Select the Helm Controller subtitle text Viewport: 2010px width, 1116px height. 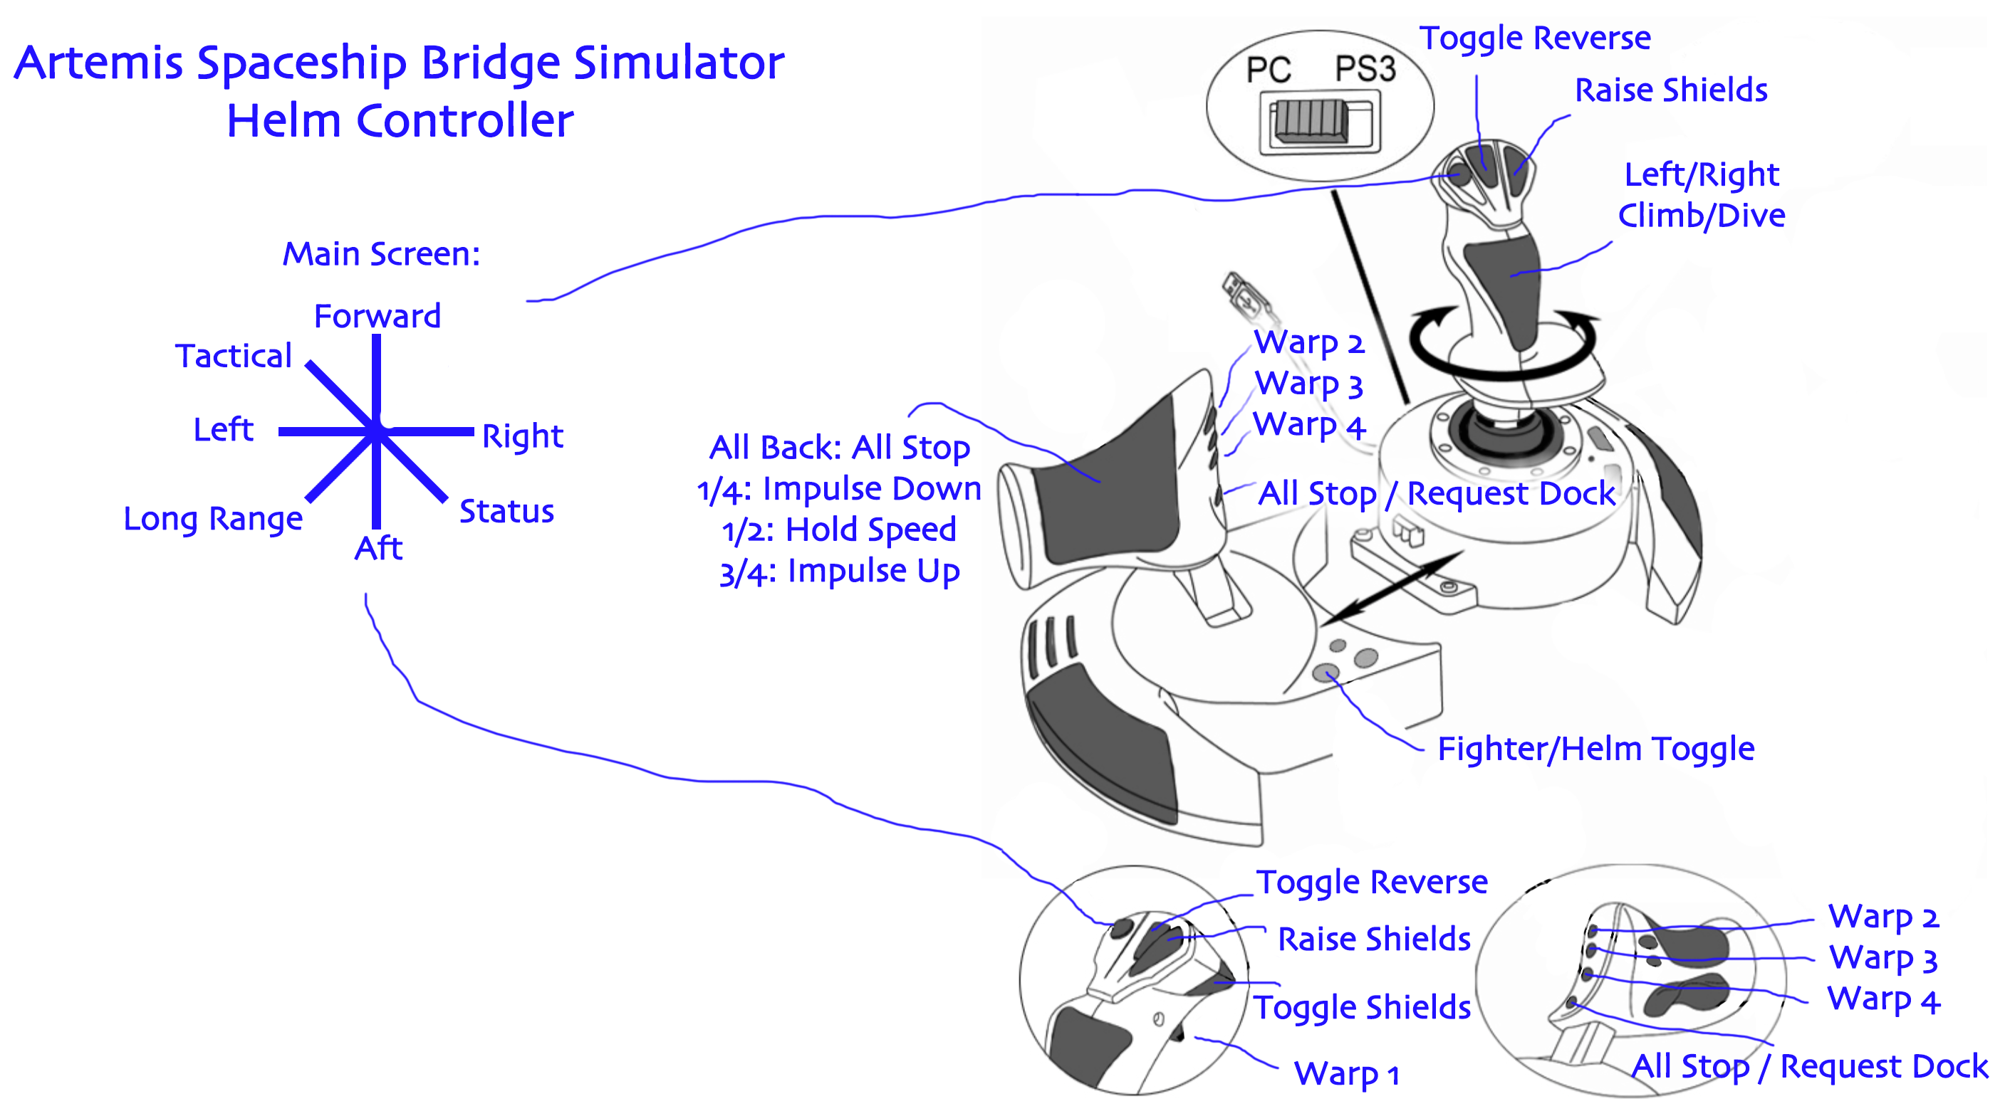pos(400,121)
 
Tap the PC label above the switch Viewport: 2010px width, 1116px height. pos(1268,70)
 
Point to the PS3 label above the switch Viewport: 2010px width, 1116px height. pos(1365,68)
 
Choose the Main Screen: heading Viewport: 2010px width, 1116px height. pos(381,253)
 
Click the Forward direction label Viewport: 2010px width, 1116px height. pos(377,316)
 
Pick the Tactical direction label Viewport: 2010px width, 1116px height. pos(234,356)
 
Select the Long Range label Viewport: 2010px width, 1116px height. pos(213,518)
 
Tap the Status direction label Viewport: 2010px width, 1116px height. pos(506,511)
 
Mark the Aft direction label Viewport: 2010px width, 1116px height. pos(378,547)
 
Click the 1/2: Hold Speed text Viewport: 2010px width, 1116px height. pos(839,530)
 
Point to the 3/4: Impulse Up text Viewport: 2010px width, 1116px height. pos(839,571)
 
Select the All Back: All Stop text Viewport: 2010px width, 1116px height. pos(839,448)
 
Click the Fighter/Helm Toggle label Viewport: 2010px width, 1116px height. pos(1595,749)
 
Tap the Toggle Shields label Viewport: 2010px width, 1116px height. pos(1362,1007)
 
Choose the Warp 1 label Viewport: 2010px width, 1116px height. pos(1346,1074)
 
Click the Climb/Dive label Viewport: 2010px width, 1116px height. pos(1701,215)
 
